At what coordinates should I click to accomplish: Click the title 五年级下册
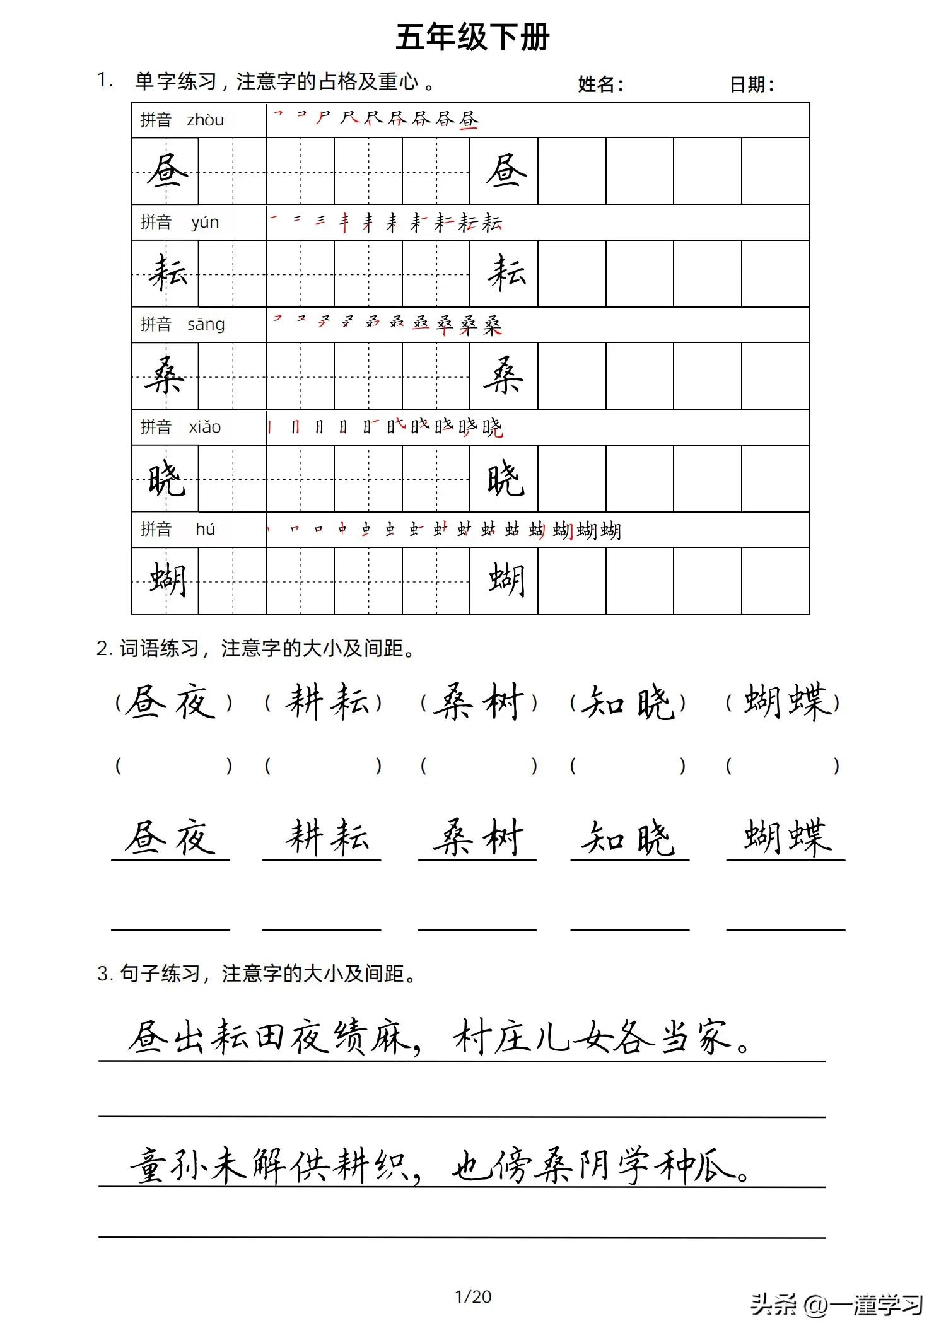point(472,37)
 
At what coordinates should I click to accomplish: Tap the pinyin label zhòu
point(205,120)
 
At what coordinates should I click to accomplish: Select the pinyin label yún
point(205,222)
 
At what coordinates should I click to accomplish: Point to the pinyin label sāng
point(206,324)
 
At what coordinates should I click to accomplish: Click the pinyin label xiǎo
point(205,427)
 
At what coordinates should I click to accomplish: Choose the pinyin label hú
point(205,529)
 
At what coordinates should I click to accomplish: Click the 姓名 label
point(600,84)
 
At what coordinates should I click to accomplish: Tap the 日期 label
point(751,84)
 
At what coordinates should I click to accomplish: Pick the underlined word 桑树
point(477,839)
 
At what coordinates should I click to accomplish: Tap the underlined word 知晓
point(629,839)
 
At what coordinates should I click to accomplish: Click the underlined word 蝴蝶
point(785,839)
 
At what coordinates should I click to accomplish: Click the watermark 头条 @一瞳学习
point(836,1304)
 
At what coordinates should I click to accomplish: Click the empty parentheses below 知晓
point(628,765)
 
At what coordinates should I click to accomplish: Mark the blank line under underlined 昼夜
point(170,928)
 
